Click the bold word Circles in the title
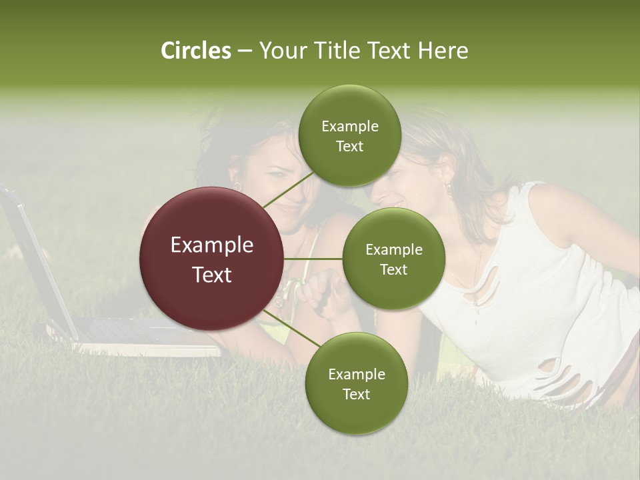[x=195, y=51]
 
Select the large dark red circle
[x=211, y=259]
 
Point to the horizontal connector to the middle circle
[x=313, y=258]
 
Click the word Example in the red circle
[x=211, y=245]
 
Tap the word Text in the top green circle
[x=349, y=147]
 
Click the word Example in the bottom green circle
[x=356, y=374]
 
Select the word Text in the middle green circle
[x=393, y=270]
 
